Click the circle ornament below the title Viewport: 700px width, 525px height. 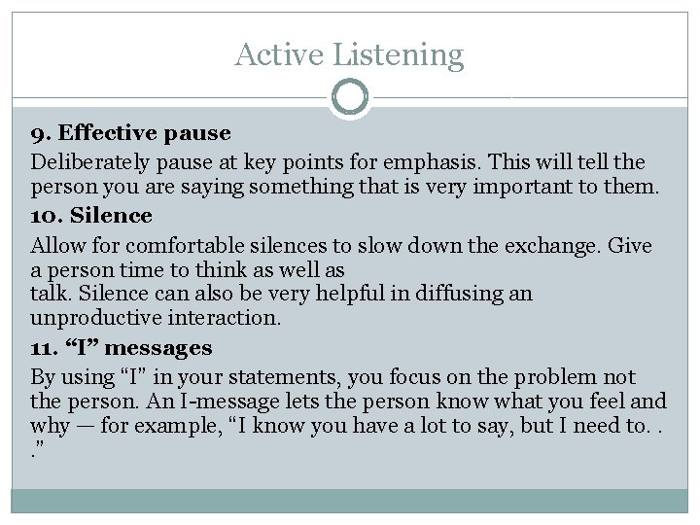pyautogui.click(x=350, y=98)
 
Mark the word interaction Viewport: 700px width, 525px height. pyautogui.click(x=231, y=318)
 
